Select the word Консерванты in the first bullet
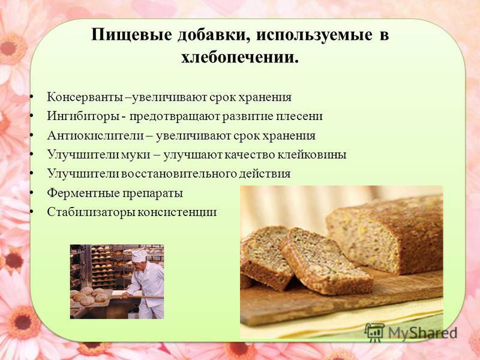(86, 97)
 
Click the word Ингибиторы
(83, 116)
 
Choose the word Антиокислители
(95, 136)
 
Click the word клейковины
(311, 155)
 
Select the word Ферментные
(83, 193)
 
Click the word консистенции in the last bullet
(176, 212)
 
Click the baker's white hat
(139, 256)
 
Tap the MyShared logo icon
(374, 332)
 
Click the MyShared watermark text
(422, 332)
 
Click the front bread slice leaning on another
(326, 261)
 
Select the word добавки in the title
(214, 35)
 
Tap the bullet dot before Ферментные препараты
(32, 193)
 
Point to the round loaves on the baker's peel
(89, 295)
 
